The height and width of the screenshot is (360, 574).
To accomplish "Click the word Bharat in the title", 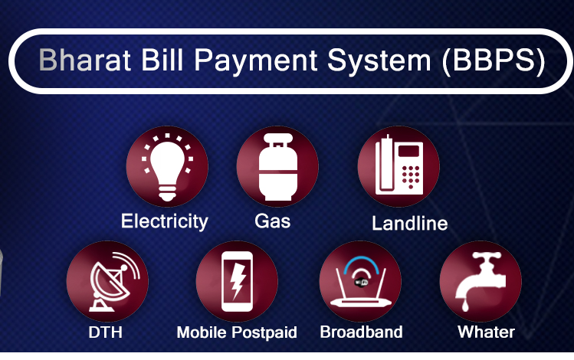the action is point(84,60).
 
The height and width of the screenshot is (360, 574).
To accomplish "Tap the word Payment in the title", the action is point(255,61).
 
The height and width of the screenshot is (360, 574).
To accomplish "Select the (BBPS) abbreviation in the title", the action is point(494,61).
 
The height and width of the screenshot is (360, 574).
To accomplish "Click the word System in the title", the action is point(379,61).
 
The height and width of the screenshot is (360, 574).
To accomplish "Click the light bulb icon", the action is point(167,167).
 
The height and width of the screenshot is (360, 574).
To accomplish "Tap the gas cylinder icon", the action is point(278,167).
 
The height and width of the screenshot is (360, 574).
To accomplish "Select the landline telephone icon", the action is point(399,165).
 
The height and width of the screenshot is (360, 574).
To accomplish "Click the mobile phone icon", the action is point(237,281).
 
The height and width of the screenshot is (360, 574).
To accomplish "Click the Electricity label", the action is point(164,221).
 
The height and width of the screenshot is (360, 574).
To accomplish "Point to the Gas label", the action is point(272,221).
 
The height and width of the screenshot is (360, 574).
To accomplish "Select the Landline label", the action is point(410,223).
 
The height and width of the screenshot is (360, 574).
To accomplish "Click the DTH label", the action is point(106,332).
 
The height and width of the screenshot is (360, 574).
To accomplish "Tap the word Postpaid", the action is point(264,332).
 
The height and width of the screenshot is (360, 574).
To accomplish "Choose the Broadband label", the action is point(361,332).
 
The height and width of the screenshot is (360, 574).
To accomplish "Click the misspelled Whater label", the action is point(486,332).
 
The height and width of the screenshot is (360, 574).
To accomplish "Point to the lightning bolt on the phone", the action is point(238,280).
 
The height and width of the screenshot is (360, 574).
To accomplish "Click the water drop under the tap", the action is point(465,306).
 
